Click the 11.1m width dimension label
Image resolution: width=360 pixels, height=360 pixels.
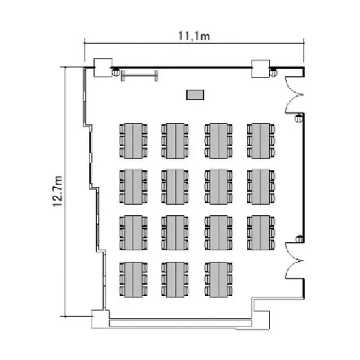tap(194, 36)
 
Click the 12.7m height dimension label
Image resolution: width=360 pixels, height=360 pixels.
tap(58, 192)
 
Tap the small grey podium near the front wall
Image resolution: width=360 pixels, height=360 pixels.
tap(195, 95)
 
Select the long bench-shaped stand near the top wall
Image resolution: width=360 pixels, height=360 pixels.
tap(139, 76)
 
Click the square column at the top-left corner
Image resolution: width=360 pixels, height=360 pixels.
tap(103, 68)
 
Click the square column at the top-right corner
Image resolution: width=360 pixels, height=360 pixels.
tap(261, 69)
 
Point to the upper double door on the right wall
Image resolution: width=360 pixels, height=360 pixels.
tap(294, 95)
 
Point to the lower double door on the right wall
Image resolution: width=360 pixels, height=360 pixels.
tap(294, 261)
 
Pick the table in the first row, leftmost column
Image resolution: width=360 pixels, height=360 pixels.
tap(133, 141)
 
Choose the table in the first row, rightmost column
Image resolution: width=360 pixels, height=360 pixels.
tap(261, 141)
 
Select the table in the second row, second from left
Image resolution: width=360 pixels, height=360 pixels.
tap(175, 187)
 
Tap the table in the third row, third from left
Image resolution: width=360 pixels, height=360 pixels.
tap(218, 233)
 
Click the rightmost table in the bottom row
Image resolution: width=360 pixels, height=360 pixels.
tap(218, 280)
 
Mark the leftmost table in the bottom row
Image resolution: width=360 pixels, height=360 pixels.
tap(133, 280)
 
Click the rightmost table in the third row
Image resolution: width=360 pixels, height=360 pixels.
tap(261, 233)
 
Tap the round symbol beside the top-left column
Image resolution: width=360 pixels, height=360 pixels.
tap(116, 72)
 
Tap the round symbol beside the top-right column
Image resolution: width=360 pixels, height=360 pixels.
tap(273, 73)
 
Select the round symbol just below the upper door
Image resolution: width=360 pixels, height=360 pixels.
tap(299, 118)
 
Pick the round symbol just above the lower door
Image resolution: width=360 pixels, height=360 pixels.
tap(299, 239)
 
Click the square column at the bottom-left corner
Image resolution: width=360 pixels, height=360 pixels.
tap(101, 319)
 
